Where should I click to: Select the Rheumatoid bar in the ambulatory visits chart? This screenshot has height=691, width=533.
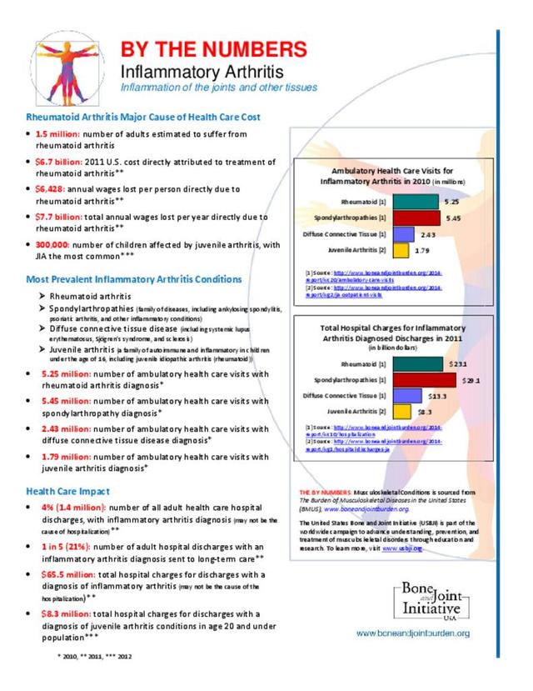pos(416,202)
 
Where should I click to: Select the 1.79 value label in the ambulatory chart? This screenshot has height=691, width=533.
pos(423,249)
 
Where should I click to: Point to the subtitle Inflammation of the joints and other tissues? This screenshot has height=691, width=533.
pos(218,88)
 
